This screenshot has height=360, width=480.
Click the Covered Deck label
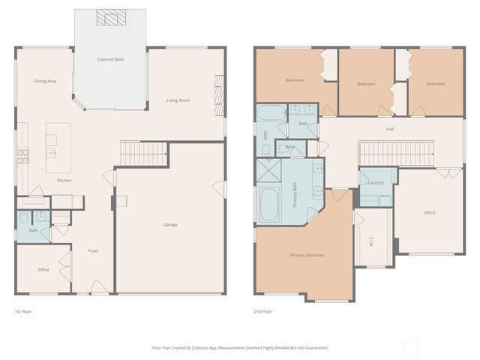pyautogui.click(x=110, y=59)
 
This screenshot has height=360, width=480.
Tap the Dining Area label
pyautogui.click(x=45, y=81)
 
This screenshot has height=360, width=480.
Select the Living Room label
pyautogui.click(x=178, y=100)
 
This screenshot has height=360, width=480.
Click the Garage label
pyautogui.click(x=170, y=224)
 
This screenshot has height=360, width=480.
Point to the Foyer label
pyautogui.click(x=93, y=250)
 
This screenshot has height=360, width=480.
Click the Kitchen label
pyautogui.click(x=64, y=181)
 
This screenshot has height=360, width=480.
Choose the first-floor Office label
pyautogui.click(x=43, y=269)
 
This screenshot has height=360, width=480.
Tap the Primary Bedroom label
pyautogui.click(x=307, y=255)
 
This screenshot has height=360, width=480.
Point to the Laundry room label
pyautogui.click(x=376, y=182)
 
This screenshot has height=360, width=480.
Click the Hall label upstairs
pyautogui.click(x=390, y=129)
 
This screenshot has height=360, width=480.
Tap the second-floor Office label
pyautogui.click(x=429, y=212)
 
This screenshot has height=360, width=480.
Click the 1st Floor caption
pyautogui.click(x=23, y=311)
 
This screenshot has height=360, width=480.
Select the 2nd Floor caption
pyautogui.click(x=262, y=311)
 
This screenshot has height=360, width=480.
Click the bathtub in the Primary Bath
pyautogui.click(x=269, y=204)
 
